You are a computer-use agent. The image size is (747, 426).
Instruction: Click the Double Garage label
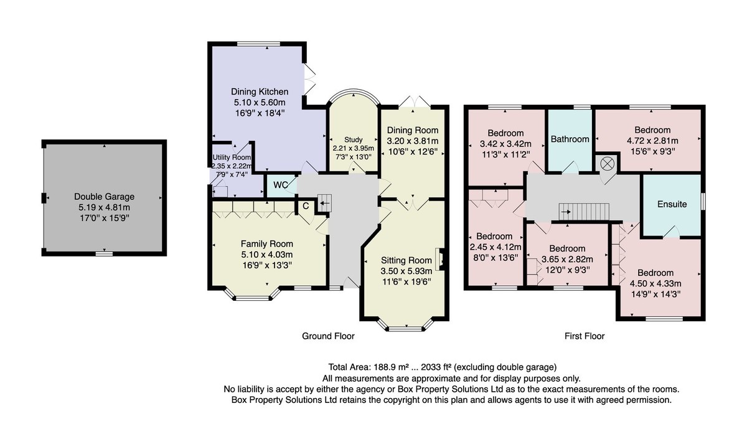tap(104, 196)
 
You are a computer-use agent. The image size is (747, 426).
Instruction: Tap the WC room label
tap(281, 185)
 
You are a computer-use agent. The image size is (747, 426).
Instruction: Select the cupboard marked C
tap(306, 206)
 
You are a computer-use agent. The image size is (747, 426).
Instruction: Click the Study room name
tap(353, 140)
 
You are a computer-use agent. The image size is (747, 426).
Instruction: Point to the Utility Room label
tap(232, 157)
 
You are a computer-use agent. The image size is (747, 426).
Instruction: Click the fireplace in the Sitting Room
tap(439, 258)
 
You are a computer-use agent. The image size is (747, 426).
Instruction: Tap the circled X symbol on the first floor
tap(607, 163)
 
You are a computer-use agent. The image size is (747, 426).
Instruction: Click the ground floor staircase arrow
tap(324, 203)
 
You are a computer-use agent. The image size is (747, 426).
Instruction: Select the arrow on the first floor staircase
tap(566, 212)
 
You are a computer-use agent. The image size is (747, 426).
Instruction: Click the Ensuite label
tap(672, 204)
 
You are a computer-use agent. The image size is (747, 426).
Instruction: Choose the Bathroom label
tap(570, 139)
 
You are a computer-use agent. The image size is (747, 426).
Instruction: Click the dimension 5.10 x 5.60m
tap(260, 102)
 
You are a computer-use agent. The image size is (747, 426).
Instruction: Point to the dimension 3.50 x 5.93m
tap(406, 271)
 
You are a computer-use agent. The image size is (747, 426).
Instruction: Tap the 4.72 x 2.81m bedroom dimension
tap(652, 141)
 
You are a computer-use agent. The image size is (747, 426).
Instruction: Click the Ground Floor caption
tap(328, 336)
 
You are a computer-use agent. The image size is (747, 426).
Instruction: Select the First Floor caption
tap(585, 336)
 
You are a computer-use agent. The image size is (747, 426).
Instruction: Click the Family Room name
tap(267, 244)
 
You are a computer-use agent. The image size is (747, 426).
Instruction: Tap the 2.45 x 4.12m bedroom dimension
tap(496, 247)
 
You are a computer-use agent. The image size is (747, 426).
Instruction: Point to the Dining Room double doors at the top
tap(414, 102)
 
